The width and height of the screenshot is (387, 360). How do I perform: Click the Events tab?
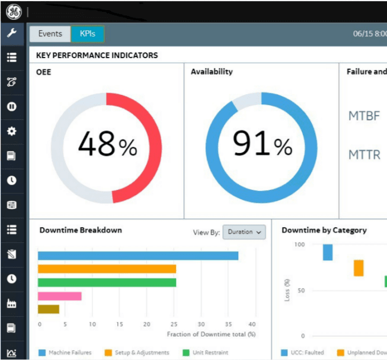click(x=50, y=34)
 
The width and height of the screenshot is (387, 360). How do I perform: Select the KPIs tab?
click(x=87, y=34)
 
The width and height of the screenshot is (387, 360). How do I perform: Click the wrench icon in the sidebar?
click(x=11, y=33)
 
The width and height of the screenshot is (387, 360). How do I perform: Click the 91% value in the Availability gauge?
click(x=261, y=144)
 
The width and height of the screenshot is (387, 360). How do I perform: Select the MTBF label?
click(x=364, y=116)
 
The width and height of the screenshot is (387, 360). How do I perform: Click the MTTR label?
click(x=364, y=155)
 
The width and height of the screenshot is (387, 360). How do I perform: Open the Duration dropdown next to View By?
click(x=244, y=232)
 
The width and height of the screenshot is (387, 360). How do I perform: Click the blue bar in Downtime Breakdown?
click(x=137, y=256)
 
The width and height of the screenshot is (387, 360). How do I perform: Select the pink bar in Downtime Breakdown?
click(x=59, y=296)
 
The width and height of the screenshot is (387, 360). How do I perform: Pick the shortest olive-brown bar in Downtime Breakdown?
click(x=49, y=309)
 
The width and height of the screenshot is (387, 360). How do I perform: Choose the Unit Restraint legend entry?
click(x=206, y=353)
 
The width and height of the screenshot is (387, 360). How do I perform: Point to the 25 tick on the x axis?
click(x=174, y=324)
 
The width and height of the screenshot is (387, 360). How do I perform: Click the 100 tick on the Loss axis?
click(x=299, y=244)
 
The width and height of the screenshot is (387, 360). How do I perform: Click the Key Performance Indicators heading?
click(x=97, y=55)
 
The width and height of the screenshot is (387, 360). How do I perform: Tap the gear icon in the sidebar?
click(x=11, y=131)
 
